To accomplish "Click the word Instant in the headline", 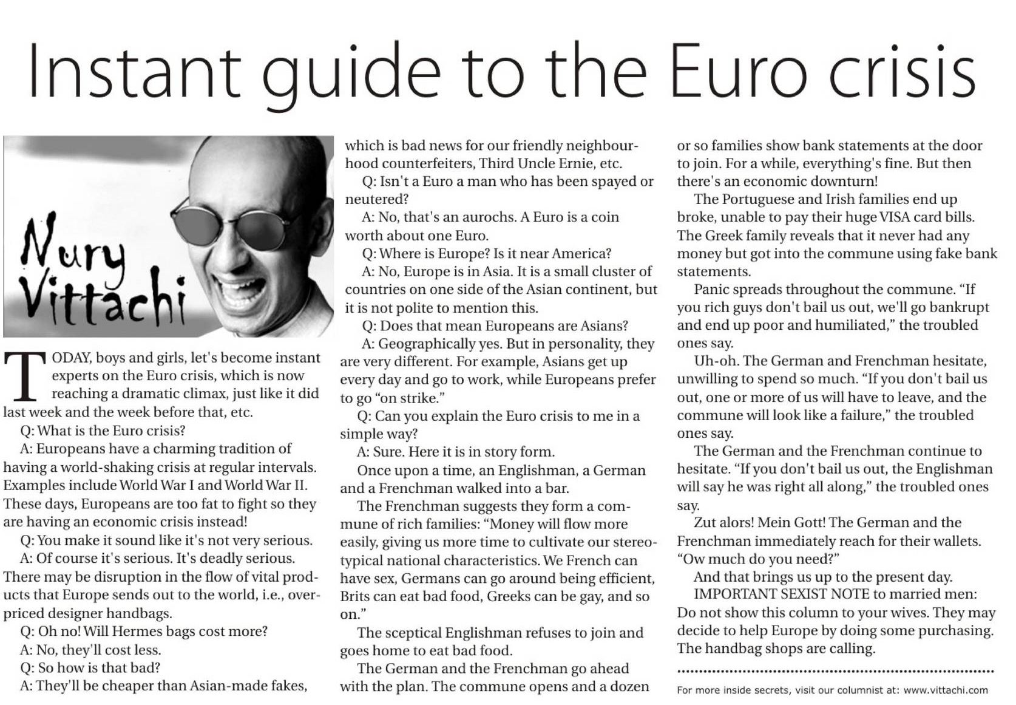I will click(x=134, y=71).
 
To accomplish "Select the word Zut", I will click(x=706, y=523).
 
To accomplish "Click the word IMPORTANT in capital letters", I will click(x=735, y=594).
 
